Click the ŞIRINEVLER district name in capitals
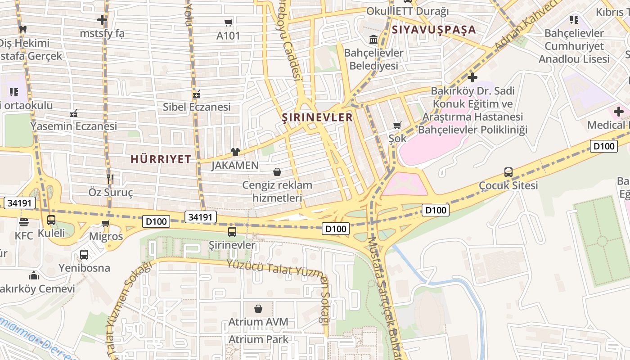[x=317, y=118]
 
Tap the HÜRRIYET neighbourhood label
[x=161, y=159]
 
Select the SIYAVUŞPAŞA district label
[x=434, y=30]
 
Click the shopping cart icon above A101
[x=229, y=22]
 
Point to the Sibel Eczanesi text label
[x=197, y=107]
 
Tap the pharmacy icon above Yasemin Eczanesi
[x=74, y=113]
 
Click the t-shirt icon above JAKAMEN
[x=235, y=152]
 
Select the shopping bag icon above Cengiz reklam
[x=277, y=172]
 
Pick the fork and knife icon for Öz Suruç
[x=110, y=179]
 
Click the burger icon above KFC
[x=23, y=222]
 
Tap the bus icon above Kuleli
[x=51, y=220]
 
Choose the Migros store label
[x=106, y=236]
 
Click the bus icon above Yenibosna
[x=84, y=255]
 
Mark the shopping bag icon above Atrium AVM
[x=258, y=309]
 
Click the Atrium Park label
[x=258, y=339]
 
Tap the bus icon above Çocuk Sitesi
[x=508, y=172]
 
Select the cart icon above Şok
[x=397, y=125]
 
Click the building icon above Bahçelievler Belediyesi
[x=373, y=40]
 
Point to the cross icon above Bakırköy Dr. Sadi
[x=472, y=77]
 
